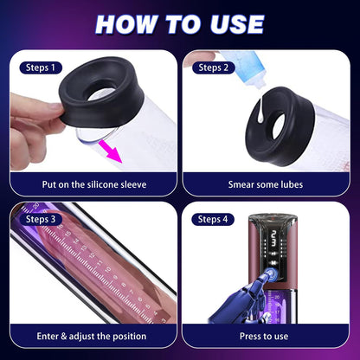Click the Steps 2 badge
[212, 66]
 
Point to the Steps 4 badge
[212, 219]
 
